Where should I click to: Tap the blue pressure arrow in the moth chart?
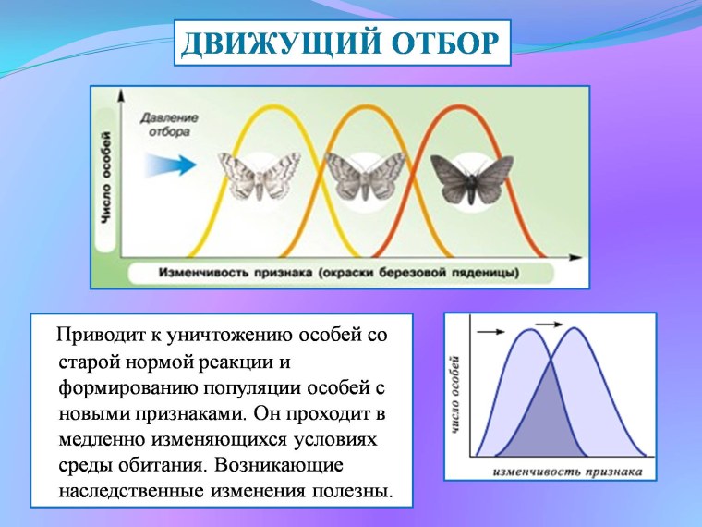[171, 165]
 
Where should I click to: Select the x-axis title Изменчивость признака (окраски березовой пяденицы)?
[338, 274]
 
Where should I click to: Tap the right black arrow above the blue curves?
[550, 324]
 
